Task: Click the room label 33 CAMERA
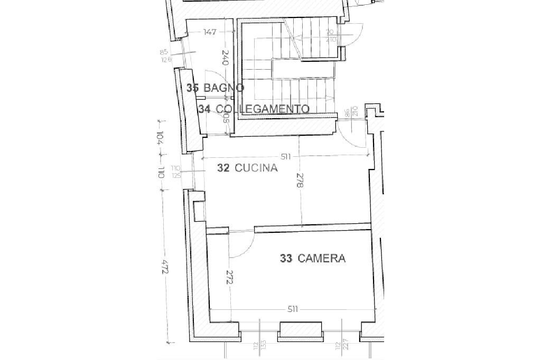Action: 313,258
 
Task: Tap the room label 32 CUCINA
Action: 247,168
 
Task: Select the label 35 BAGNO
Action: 215,88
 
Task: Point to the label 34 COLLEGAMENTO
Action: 254,109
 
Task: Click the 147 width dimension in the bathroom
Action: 210,32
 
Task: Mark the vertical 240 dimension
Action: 225,58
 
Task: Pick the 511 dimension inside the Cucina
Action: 286,156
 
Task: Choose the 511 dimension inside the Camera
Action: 293,309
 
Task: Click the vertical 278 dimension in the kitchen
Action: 300,181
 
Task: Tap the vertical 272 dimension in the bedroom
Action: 229,278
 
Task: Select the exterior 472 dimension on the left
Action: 165,268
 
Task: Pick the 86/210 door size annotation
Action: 351,112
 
